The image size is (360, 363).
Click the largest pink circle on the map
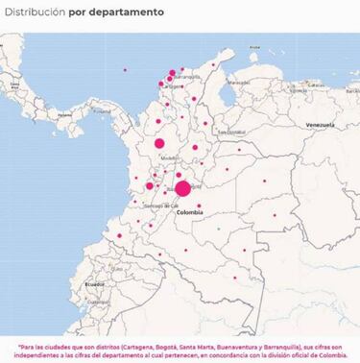pyautogui.click(x=182, y=188)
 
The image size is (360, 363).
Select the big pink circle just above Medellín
pyautogui.click(x=159, y=143)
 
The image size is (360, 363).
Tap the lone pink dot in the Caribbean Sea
pyautogui.click(x=125, y=69)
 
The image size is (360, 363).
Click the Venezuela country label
pyautogui.click(x=319, y=126)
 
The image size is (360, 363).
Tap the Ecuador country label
pyautogui.click(x=94, y=284)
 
